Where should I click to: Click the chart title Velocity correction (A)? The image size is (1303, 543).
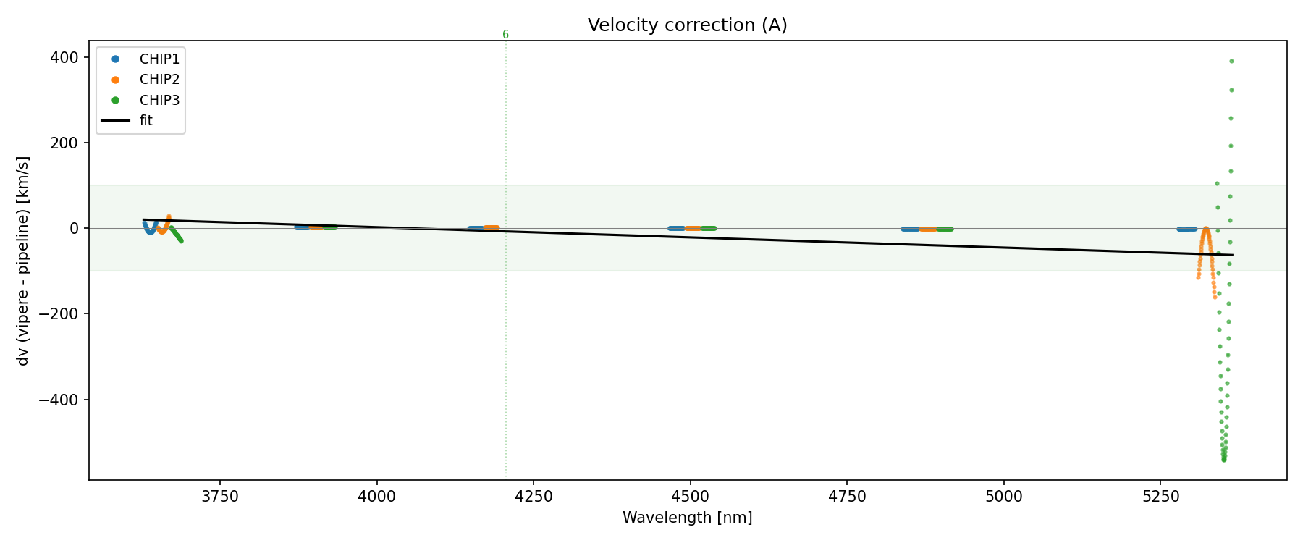pyautogui.click(x=687, y=25)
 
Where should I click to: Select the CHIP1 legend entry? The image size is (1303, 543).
pyautogui.click(x=159, y=59)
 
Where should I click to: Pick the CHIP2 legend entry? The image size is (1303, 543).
pyautogui.click(x=159, y=80)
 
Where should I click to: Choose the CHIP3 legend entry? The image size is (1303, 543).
pyautogui.click(x=159, y=101)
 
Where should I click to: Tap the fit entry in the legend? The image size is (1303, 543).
pyautogui.click(x=146, y=121)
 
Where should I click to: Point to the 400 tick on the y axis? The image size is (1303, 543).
pyautogui.click(x=64, y=57)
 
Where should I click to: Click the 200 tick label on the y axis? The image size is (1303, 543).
pyautogui.click(x=64, y=143)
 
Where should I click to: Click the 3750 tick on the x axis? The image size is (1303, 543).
pyautogui.click(x=219, y=497)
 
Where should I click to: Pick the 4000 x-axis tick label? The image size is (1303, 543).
pyautogui.click(x=376, y=497)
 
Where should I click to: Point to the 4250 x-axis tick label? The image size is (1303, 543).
pyautogui.click(x=533, y=497)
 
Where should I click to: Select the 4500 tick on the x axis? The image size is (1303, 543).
pyautogui.click(x=690, y=497)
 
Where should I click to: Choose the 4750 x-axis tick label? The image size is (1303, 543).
pyautogui.click(x=847, y=497)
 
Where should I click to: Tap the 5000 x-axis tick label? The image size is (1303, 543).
pyautogui.click(x=1004, y=497)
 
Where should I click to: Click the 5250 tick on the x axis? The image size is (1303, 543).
pyautogui.click(x=1160, y=497)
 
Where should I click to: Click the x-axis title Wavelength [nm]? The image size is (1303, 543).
pyautogui.click(x=687, y=518)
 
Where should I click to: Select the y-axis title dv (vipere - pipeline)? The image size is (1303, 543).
pyautogui.click(x=23, y=261)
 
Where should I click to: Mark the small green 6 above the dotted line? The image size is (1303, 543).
pyautogui.click(x=505, y=35)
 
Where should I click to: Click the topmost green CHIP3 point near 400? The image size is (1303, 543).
pyautogui.click(x=1231, y=61)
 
